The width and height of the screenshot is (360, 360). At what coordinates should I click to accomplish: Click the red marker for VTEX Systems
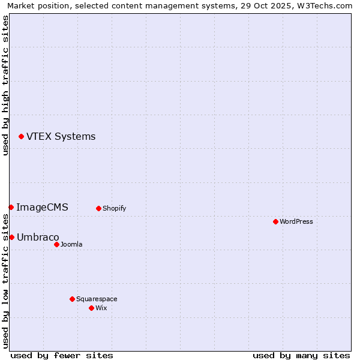coord(21,137)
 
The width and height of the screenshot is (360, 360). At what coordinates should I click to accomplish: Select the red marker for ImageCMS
coord(11,207)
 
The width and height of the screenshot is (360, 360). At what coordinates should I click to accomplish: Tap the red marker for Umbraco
coord(11,237)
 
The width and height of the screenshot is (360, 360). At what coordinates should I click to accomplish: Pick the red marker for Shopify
coord(98,208)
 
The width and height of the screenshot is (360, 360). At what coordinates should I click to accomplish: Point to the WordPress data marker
coord(275,221)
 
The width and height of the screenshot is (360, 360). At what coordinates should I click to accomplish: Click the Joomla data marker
coord(56,244)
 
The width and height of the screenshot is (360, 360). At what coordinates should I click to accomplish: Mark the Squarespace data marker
coord(72,299)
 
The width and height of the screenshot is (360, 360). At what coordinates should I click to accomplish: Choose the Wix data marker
coord(91,308)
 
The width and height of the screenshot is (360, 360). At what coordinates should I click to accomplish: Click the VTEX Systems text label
coord(61,137)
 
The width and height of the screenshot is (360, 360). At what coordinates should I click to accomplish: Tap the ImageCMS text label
coord(42,208)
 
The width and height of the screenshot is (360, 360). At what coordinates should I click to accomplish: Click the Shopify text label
coord(114,209)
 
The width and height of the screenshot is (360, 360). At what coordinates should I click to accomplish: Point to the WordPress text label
coord(296,222)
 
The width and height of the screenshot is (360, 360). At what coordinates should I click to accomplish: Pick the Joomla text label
coord(71,245)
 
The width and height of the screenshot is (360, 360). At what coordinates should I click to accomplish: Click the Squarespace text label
coord(97,299)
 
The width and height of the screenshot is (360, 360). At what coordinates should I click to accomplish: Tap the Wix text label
coord(101,308)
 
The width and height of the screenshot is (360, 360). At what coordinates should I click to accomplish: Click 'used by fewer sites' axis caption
coord(62,355)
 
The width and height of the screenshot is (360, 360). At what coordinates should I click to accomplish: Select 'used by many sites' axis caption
coord(301,355)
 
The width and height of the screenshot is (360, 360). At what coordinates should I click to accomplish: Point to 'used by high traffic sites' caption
coord(5,85)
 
